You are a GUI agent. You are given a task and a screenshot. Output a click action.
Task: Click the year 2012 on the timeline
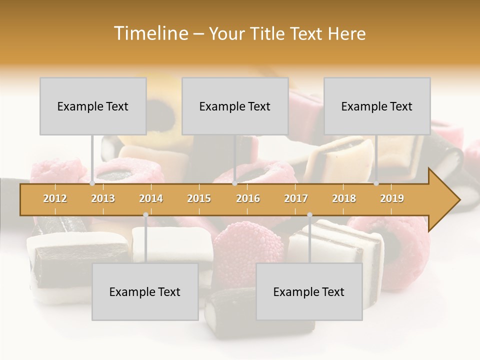tap(55, 198)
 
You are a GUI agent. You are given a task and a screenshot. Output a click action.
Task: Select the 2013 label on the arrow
tap(103, 198)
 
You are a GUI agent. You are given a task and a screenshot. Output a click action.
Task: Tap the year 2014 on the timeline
tap(151, 198)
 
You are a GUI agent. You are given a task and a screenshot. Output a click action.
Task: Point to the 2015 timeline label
tap(199, 198)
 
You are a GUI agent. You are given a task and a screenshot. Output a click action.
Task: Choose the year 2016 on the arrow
tap(248, 198)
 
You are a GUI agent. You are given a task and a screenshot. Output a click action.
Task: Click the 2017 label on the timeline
tap(296, 198)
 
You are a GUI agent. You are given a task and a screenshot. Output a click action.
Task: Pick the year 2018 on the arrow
tap(344, 198)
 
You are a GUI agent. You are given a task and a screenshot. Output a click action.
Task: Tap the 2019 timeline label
tap(392, 198)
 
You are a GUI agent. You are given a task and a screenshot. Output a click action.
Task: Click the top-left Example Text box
tap(93, 106)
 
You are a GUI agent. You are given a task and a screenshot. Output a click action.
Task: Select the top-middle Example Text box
tap(235, 106)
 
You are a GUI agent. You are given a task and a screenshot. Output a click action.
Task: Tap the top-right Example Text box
tap(377, 106)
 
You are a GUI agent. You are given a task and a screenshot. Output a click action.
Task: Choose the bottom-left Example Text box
tap(145, 291)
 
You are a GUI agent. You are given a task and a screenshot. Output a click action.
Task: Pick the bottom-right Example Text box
tap(309, 291)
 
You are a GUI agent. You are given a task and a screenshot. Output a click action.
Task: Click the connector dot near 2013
tap(92, 183)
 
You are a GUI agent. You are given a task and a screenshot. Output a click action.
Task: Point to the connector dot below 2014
tap(145, 215)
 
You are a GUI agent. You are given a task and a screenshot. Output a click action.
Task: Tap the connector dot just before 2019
tap(376, 183)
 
